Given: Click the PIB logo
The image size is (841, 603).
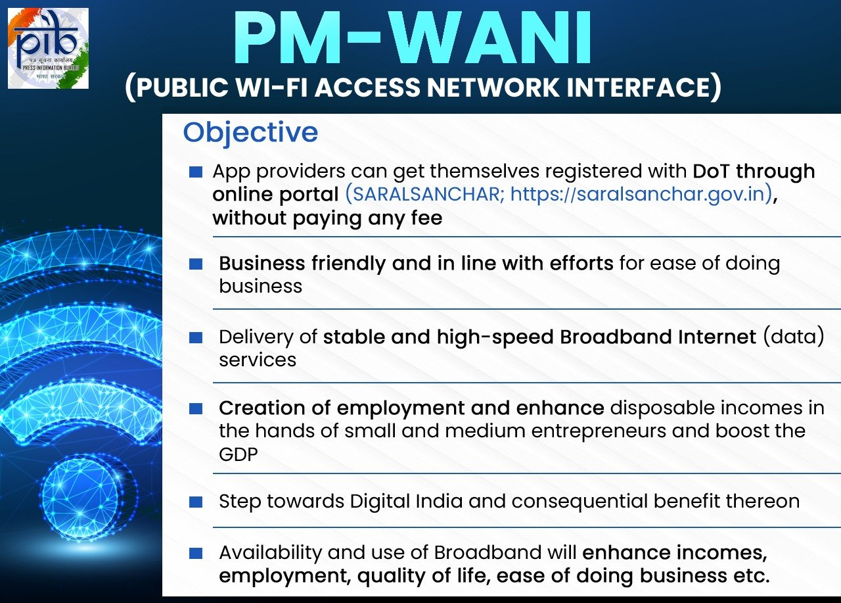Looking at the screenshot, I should [48, 48].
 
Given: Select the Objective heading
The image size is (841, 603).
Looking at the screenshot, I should [250, 132].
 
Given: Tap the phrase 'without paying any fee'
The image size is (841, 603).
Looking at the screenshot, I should [327, 218].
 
